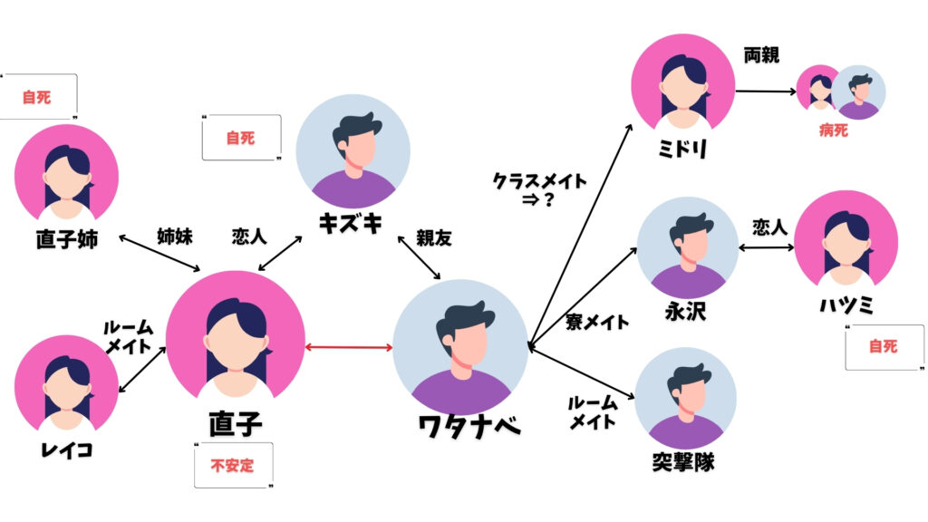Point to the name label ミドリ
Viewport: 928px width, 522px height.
(x=681, y=148)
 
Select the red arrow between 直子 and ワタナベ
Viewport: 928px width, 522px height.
(x=348, y=346)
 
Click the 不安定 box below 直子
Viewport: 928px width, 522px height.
(x=233, y=467)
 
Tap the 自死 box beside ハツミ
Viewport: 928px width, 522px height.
(x=882, y=346)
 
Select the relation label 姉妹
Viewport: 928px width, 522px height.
(x=174, y=237)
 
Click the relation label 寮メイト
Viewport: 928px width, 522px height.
(x=596, y=322)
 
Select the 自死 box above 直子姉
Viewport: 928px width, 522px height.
(x=37, y=97)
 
